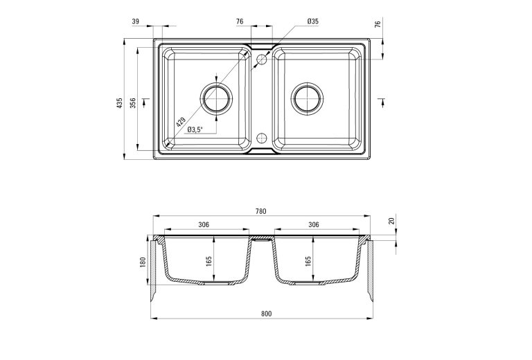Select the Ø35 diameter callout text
[x=313, y=22]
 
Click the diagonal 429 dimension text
[x=181, y=123]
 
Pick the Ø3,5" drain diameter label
[x=195, y=129]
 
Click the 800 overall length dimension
[x=266, y=314]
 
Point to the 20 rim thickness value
[x=392, y=221]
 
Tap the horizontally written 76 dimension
[x=240, y=22]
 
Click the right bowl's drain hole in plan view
[x=305, y=98]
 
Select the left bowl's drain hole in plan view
[x=218, y=98]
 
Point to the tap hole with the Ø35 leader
[x=262, y=60]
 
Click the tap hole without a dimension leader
[x=262, y=136]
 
